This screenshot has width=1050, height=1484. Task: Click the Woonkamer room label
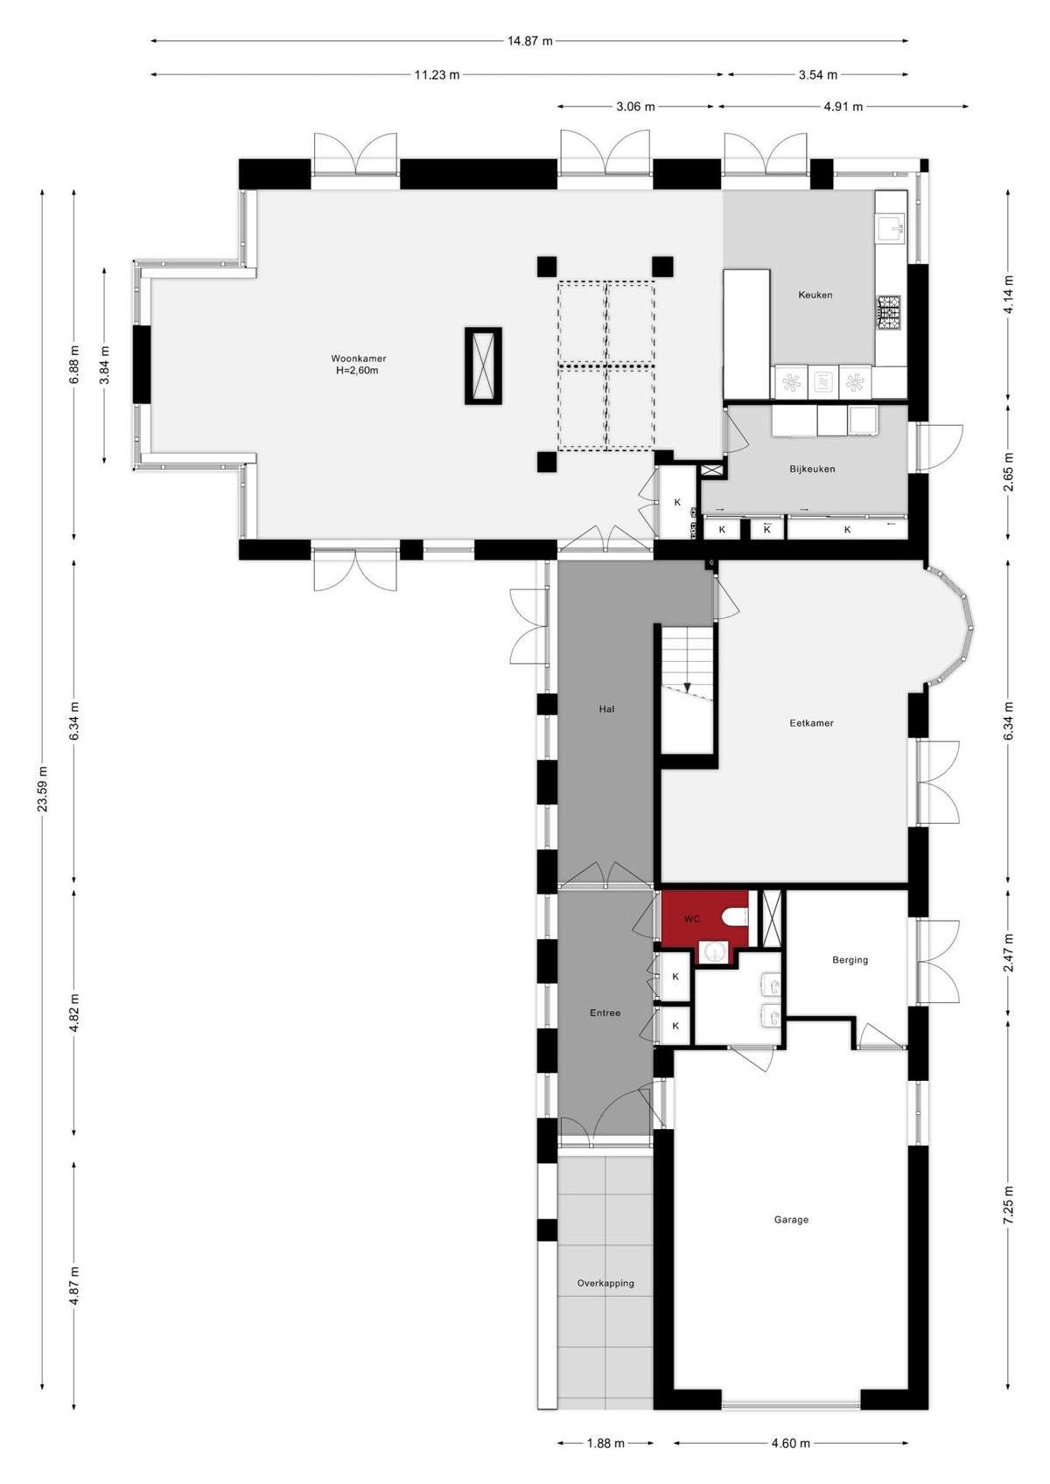click(359, 359)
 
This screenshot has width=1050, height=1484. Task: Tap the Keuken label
click(815, 295)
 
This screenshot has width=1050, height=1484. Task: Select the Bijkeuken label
click(812, 469)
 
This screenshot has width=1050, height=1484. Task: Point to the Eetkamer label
click(811, 723)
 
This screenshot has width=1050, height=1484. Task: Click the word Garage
click(791, 1220)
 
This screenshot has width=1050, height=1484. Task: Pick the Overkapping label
click(605, 1283)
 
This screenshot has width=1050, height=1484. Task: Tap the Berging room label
click(850, 960)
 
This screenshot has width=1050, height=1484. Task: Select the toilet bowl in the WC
click(736, 918)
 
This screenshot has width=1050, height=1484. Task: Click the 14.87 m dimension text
click(529, 41)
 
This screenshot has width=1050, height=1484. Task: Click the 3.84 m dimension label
click(104, 365)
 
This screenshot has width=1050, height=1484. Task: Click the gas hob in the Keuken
click(890, 313)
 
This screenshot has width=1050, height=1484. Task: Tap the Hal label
click(606, 709)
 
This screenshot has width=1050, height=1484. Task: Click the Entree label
click(605, 1013)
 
